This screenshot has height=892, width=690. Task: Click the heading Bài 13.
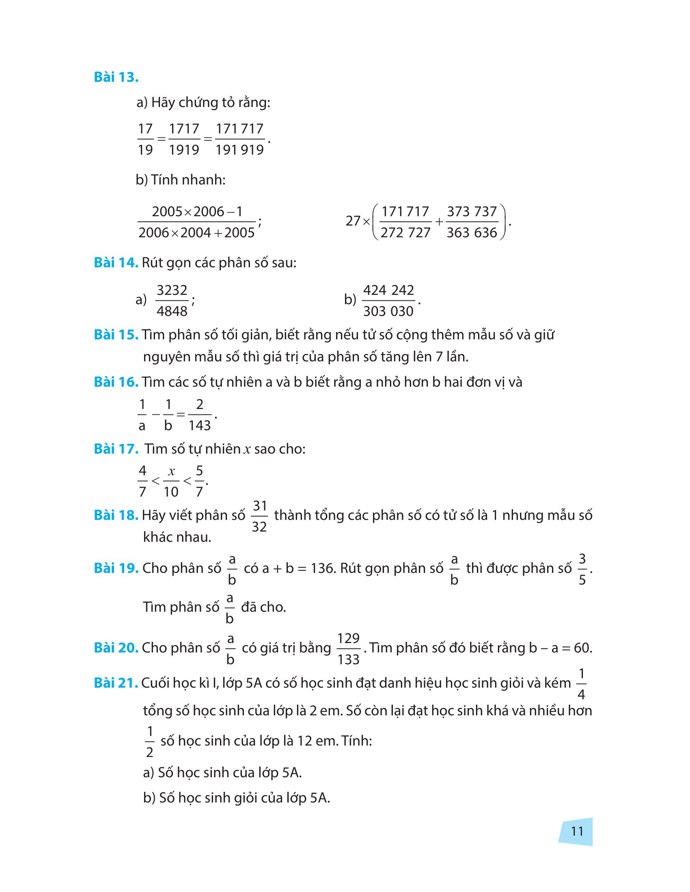116,77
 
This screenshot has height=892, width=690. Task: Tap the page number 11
577,831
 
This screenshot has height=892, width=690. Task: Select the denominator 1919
184,150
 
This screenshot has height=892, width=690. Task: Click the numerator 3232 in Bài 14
172,290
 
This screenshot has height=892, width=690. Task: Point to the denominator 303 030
388,311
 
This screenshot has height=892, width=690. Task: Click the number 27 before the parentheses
353,221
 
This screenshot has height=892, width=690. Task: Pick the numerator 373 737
472,212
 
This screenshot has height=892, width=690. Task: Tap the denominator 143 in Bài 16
199,426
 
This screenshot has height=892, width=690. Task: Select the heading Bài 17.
116,449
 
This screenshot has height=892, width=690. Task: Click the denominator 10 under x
171,492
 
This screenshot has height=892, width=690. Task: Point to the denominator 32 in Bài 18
259,527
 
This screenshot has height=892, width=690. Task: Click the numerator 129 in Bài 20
348,638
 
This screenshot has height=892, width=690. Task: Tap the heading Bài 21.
116,683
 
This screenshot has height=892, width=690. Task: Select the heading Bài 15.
116,335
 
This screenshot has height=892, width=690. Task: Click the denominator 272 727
405,233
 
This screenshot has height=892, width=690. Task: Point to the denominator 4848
172,311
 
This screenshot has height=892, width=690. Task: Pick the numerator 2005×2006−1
197,212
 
